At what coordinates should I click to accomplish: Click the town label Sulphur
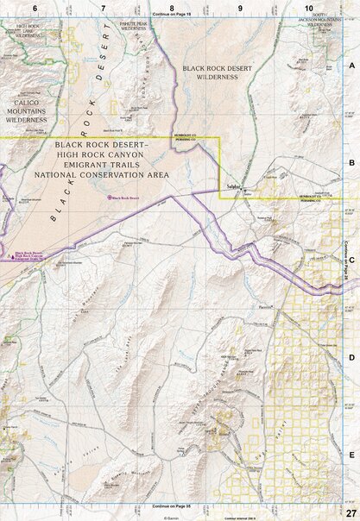click(x=232, y=185)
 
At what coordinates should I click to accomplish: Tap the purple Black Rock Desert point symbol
click(x=109, y=198)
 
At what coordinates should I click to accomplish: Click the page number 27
click(x=350, y=514)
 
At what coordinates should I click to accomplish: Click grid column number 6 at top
click(x=34, y=8)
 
